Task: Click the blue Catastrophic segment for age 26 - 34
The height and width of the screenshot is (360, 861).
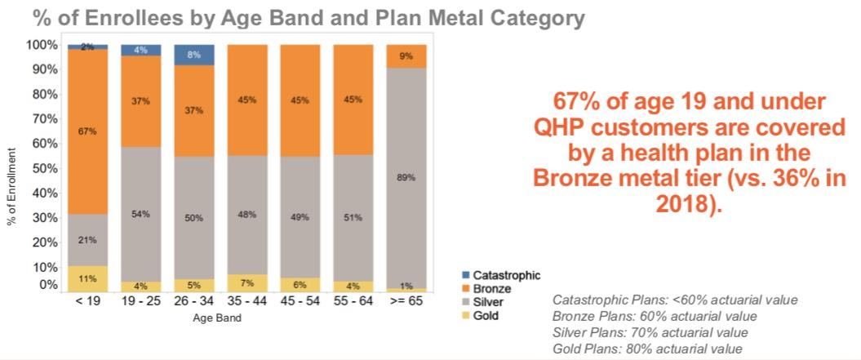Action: pyautogui.click(x=194, y=55)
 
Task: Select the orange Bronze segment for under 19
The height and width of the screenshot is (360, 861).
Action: pyautogui.click(x=88, y=131)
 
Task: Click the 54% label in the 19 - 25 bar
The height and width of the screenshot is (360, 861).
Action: pyautogui.click(x=141, y=214)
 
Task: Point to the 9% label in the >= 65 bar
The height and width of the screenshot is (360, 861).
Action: pyautogui.click(x=406, y=56)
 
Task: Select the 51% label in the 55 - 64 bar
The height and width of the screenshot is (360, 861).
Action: pyautogui.click(x=353, y=217)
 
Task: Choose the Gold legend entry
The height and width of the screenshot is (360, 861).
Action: pyautogui.click(x=486, y=315)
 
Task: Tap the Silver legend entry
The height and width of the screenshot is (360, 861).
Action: pyautogui.click(x=487, y=302)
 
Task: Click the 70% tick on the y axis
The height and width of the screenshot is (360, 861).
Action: pyautogui.click(x=45, y=118)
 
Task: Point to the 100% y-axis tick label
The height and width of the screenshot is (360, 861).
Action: pyautogui.click(x=42, y=44)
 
